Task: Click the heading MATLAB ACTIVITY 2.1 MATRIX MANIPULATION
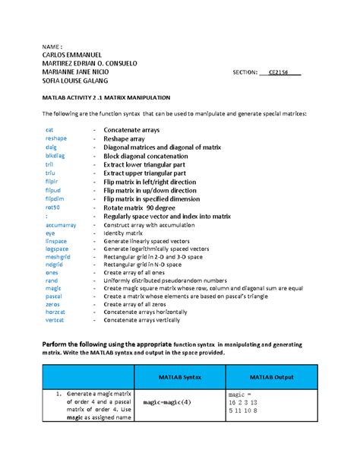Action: [110, 99]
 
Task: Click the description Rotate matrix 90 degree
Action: [149, 207]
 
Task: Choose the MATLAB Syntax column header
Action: [179, 377]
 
